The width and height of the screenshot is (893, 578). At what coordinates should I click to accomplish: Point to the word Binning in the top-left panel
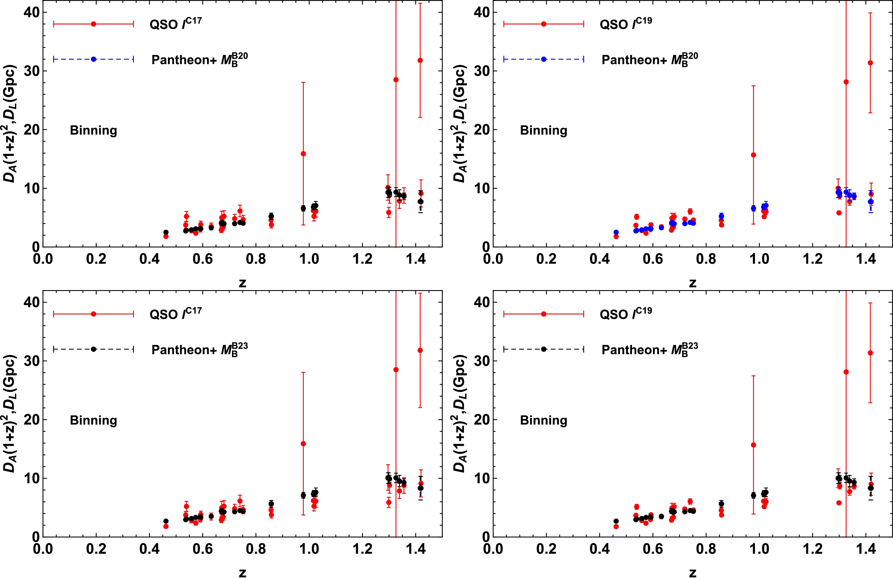[93, 130]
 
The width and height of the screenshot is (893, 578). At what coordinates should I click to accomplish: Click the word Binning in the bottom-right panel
[543, 421]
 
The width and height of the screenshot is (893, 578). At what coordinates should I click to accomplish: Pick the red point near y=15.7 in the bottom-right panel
[753, 445]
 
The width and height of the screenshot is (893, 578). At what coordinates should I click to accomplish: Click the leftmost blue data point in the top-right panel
[616, 232]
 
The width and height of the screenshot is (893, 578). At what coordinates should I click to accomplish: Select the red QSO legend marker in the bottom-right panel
[544, 314]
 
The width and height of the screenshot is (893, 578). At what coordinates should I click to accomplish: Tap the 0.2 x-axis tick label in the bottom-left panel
[96, 549]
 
